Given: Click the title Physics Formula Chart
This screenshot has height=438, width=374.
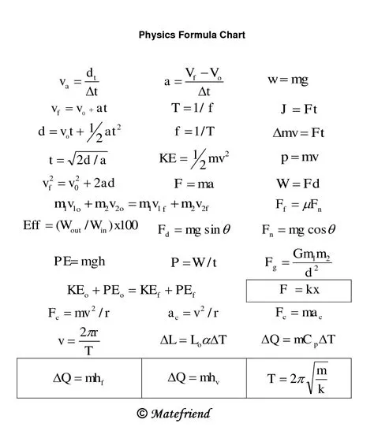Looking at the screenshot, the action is point(193,35).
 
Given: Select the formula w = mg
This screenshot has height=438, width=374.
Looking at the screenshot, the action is point(288,80).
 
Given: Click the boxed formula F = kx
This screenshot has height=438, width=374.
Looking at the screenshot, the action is point(298,289).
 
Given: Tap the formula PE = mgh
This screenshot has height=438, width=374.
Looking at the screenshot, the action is point(80,261).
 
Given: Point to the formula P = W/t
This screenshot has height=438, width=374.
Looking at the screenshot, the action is point(193,262).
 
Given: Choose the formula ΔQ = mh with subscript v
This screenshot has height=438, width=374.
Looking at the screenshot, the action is point(193,377).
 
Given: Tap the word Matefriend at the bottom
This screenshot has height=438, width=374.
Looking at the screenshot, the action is point(182,413).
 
